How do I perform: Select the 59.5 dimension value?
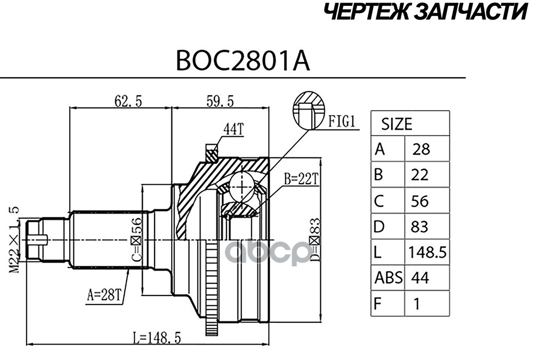coord(220,100)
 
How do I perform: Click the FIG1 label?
coord(342,121)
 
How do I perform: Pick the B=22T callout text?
coord(301,179)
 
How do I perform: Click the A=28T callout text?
coord(103,292)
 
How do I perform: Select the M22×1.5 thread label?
coord(14,239)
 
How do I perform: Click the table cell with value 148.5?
coord(427,252)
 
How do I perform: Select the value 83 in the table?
coord(420,227)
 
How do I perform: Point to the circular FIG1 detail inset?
coord(309,110)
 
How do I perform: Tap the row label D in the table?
coord(379,227)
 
